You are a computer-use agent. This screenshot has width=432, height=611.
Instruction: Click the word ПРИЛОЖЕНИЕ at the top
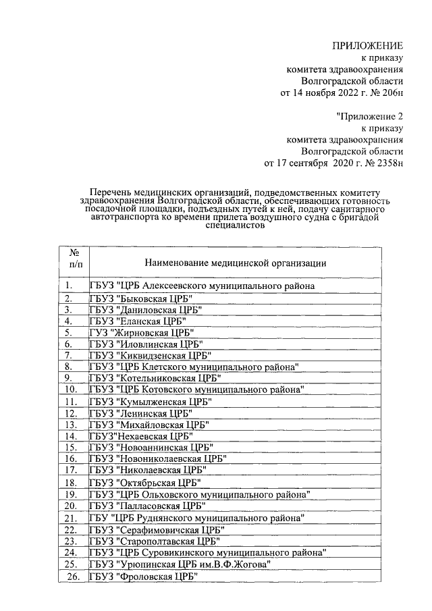367,45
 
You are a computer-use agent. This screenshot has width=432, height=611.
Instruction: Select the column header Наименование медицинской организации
236,263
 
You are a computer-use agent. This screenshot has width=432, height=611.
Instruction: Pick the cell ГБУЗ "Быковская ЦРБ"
142,298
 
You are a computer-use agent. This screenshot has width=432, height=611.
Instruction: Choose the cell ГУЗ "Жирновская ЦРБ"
142,332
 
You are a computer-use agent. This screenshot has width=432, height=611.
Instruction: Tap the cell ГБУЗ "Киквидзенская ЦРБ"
151,355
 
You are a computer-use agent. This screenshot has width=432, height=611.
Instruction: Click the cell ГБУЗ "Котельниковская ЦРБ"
155,378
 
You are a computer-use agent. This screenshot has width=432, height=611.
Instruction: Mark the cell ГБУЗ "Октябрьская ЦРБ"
145,483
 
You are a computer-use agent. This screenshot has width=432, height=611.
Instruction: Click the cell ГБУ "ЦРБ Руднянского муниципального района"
196,518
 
